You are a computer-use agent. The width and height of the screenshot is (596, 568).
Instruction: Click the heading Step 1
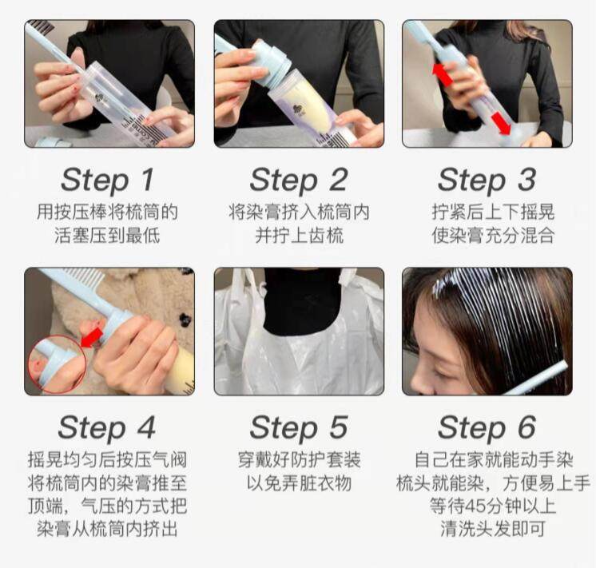108,180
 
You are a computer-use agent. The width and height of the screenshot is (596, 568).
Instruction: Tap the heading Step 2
299,180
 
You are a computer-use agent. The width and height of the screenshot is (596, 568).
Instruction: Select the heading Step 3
487,180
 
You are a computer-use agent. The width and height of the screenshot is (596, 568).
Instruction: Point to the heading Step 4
107,427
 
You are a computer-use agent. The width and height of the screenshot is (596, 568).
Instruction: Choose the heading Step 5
299,427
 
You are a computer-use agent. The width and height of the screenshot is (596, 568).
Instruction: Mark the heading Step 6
487,427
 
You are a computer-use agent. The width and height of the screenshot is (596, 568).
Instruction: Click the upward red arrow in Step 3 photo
443,74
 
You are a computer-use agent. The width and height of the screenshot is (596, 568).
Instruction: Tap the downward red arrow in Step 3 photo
501,124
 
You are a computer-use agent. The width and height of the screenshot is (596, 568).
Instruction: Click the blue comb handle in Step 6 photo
539,379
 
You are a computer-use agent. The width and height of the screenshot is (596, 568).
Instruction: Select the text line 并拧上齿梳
300,235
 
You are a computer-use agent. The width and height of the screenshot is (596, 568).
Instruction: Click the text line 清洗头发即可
493,529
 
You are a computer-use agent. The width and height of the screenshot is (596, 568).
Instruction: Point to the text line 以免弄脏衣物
299,483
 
